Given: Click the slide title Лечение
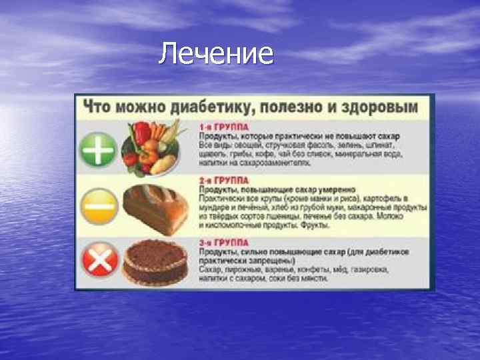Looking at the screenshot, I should click(x=216, y=53).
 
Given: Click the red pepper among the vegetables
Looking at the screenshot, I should click(x=143, y=133).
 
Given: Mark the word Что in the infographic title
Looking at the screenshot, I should click(x=95, y=107).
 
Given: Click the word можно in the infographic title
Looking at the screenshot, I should click(x=137, y=107).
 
